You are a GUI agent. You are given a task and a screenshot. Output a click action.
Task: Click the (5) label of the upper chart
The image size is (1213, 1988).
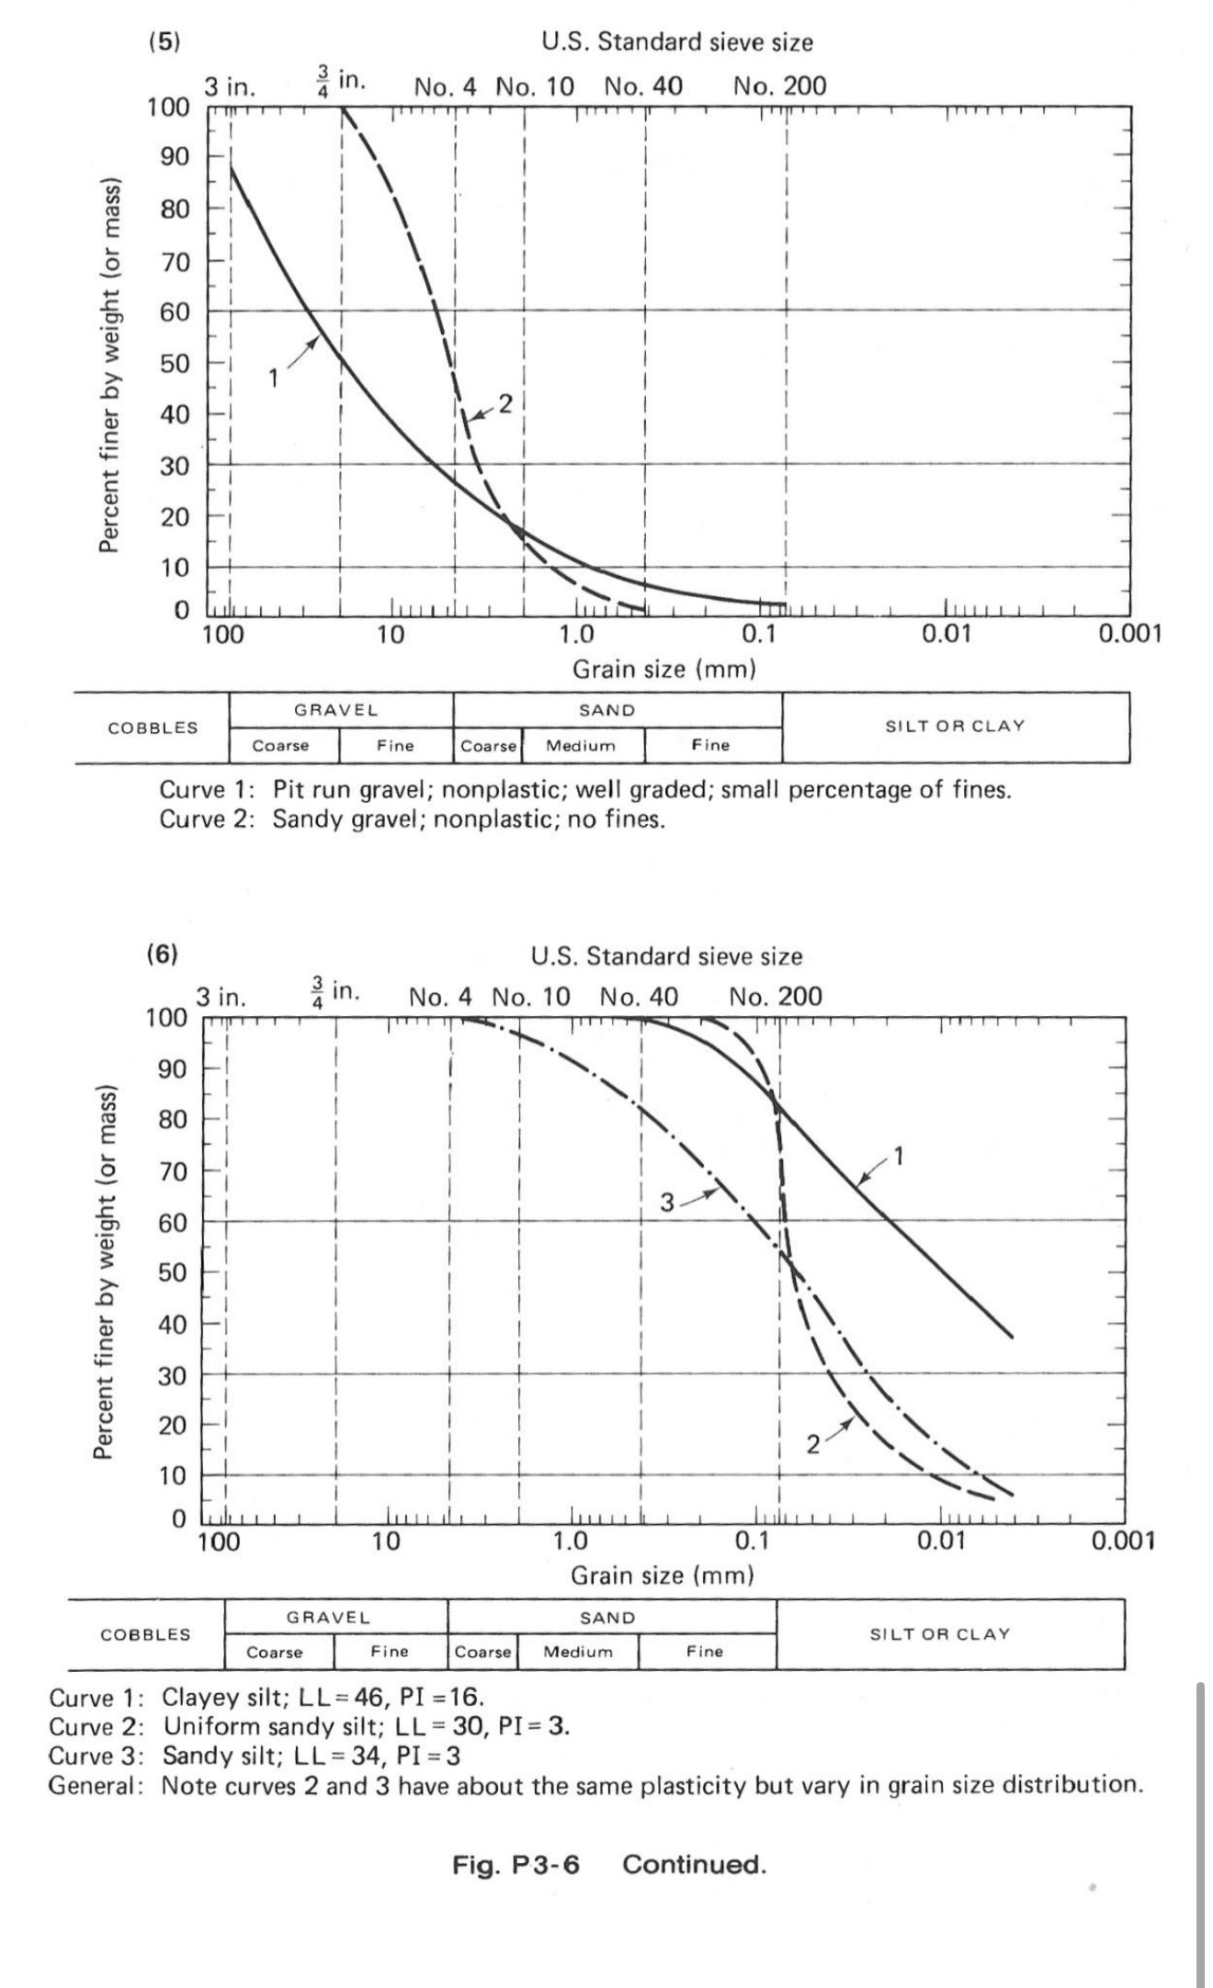[164, 42]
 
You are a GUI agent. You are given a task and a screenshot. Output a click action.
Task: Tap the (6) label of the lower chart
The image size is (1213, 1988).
[162, 954]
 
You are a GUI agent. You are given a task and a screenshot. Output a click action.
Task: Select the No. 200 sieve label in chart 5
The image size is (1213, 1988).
[779, 86]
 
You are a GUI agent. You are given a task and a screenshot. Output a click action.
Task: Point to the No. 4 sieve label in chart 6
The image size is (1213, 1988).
[440, 997]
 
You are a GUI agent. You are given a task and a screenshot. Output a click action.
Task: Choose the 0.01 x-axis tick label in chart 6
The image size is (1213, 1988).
[941, 1541]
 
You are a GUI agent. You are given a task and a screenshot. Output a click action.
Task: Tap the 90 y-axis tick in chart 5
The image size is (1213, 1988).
[175, 156]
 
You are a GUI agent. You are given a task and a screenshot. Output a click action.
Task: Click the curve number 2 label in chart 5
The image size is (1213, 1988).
[504, 402]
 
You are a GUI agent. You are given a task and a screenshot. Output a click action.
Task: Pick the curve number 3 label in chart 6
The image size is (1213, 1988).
[668, 1202]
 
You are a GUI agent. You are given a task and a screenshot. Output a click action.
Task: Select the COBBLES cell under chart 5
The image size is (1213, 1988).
[153, 728]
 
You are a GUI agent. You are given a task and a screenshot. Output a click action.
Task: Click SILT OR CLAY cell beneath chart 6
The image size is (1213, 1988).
[939, 1634]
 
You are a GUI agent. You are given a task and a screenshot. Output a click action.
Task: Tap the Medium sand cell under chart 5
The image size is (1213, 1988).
[581, 746]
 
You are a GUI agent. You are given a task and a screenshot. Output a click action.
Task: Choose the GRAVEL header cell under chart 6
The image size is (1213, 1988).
[328, 1617]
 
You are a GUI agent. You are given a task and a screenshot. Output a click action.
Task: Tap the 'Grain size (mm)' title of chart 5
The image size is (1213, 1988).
[663, 669]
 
